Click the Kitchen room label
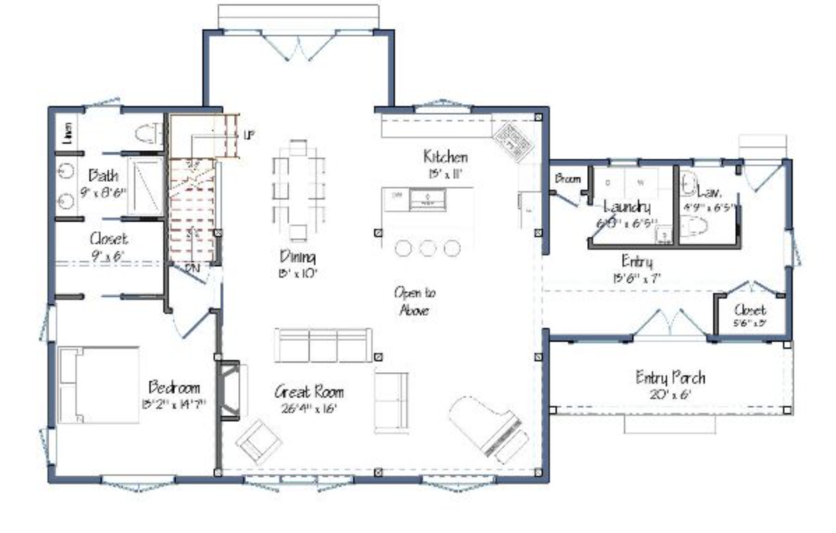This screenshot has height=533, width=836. tap(445, 156)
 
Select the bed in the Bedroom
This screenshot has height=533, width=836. tap(98, 385)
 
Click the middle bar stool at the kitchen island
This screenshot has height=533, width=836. tap(428, 248)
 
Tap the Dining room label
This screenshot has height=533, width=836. tap(297, 256)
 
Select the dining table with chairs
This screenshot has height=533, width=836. tap(299, 189)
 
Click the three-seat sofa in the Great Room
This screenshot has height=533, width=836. tap(322, 345)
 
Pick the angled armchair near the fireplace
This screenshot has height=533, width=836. tap(258, 440)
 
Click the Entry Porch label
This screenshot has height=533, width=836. tap(670, 378)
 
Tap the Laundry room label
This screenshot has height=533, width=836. tap(627, 207)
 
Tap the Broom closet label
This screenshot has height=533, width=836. tap(567, 179)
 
